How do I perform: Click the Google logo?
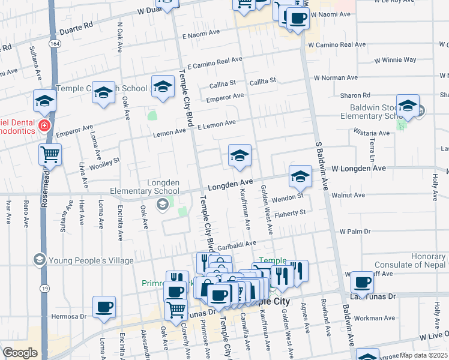point(20,353)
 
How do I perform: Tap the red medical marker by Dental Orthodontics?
point(44,126)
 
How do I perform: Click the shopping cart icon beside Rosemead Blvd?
point(50,154)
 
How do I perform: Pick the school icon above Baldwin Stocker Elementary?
point(408,106)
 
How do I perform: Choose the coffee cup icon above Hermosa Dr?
point(104,307)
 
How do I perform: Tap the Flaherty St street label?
point(290,212)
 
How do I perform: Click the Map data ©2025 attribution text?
point(423,355)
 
